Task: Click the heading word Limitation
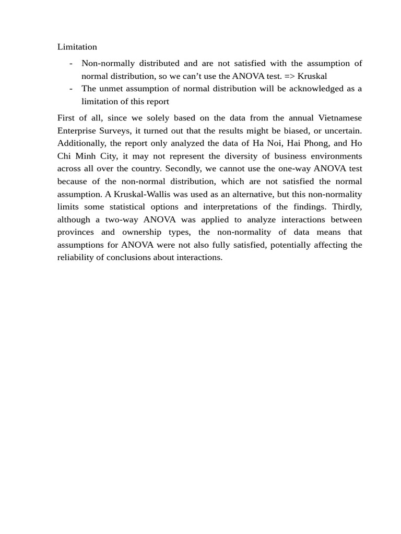pyautogui.click(x=77, y=47)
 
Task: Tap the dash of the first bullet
pyautogui.click(x=70, y=64)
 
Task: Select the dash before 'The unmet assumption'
pyautogui.click(x=70, y=89)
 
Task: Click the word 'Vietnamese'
pyautogui.click(x=338, y=118)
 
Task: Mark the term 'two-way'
pyautogui.click(x=122, y=220)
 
